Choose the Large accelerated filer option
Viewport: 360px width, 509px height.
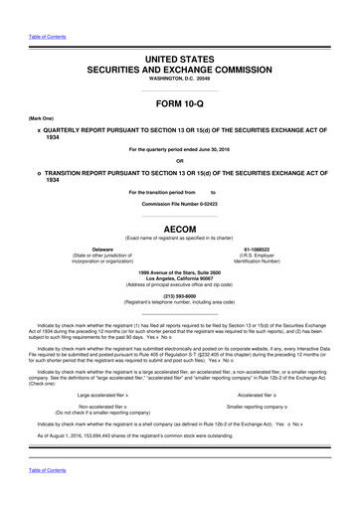click(x=103, y=368)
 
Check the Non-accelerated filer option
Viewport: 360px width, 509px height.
click(x=101, y=381)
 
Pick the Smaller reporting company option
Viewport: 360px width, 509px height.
click(x=262, y=381)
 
